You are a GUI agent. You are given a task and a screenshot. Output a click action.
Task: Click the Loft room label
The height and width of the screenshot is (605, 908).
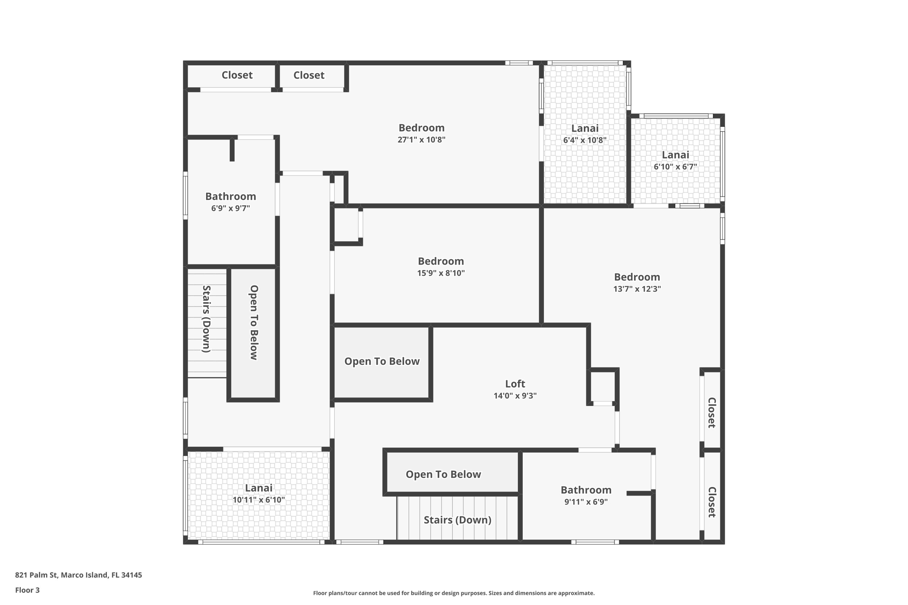515,384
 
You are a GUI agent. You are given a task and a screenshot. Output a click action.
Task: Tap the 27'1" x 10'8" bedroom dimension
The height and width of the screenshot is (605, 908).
421,140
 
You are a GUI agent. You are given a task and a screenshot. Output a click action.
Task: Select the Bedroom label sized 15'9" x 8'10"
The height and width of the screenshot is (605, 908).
441,261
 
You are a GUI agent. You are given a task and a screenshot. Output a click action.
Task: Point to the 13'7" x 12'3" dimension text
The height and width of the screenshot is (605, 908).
637,289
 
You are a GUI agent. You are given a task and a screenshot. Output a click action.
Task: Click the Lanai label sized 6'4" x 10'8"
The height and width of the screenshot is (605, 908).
584,129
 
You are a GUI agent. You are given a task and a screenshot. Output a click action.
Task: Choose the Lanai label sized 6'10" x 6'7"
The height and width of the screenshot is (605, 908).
675,155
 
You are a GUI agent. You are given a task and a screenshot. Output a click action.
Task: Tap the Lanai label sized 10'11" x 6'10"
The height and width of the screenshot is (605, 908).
258,488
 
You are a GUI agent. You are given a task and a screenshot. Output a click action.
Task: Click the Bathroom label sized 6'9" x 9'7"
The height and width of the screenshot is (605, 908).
231,196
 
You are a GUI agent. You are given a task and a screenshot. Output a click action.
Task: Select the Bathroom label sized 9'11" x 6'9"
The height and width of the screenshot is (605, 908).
586,490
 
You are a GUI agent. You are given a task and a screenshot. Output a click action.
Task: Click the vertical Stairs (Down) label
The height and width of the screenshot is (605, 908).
207,319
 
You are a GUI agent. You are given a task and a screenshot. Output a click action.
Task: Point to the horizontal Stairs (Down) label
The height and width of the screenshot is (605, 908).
457,520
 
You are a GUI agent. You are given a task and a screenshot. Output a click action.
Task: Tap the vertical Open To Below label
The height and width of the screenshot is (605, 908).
254,322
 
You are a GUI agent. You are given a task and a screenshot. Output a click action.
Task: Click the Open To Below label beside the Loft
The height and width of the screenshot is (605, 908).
382,361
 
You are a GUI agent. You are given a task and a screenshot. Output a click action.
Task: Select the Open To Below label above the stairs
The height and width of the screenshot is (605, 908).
443,474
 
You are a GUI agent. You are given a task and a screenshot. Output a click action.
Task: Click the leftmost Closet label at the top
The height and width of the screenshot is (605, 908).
237,75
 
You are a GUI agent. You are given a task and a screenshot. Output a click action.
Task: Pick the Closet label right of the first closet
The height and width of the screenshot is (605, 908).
309,75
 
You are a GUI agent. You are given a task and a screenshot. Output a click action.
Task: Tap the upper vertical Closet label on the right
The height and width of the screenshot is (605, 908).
712,413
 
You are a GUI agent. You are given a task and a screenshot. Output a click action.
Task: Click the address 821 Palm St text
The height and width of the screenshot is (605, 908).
78,575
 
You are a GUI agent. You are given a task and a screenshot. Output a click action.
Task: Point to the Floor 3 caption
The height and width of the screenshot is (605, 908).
27,590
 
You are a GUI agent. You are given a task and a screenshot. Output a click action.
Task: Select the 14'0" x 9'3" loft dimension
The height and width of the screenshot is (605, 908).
515,396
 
